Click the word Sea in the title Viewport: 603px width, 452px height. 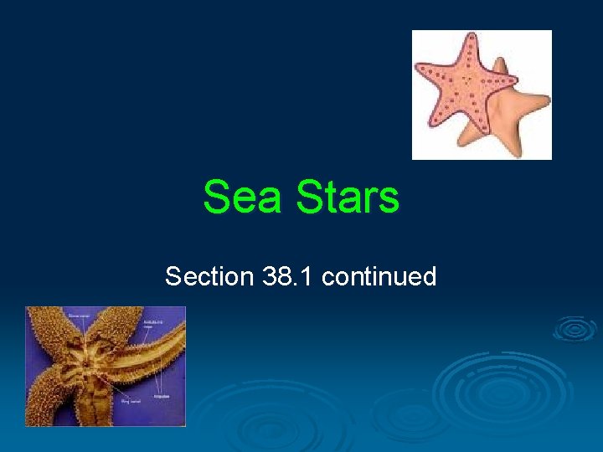(x=244, y=198)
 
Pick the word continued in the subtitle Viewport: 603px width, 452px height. (x=379, y=276)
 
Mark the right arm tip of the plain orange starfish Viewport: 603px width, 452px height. (x=545, y=105)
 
